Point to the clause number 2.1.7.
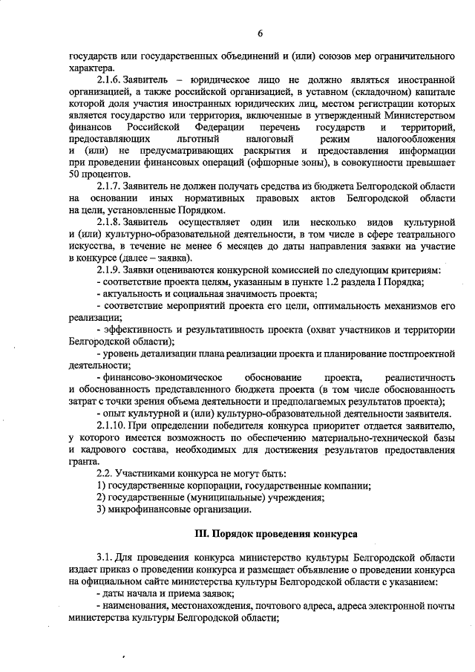click(111, 186)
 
